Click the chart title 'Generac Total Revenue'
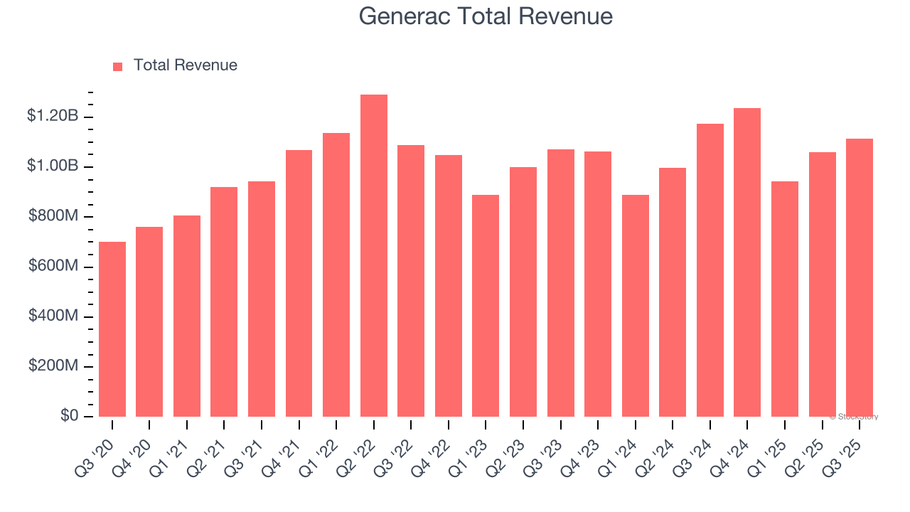tap(486, 16)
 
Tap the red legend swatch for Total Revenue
tap(118, 66)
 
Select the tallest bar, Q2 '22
tap(374, 256)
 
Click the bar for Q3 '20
tap(112, 329)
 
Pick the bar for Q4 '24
tap(747, 262)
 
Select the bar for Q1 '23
tap(486, 306)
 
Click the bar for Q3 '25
tap(860, 277)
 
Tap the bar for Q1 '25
tap(785, 299)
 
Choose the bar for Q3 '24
tap(710, 270)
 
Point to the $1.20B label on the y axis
tap(53, 116)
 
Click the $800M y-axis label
tap(53, 215)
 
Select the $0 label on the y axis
tap(69, 415)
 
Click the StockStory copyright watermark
tap(854, 417)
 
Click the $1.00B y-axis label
tap(53, 166)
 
